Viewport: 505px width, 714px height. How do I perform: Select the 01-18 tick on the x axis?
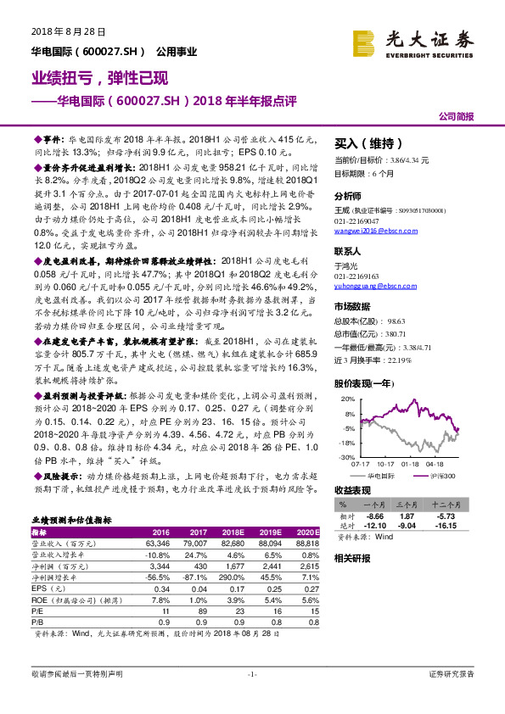(x=410, y=465)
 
